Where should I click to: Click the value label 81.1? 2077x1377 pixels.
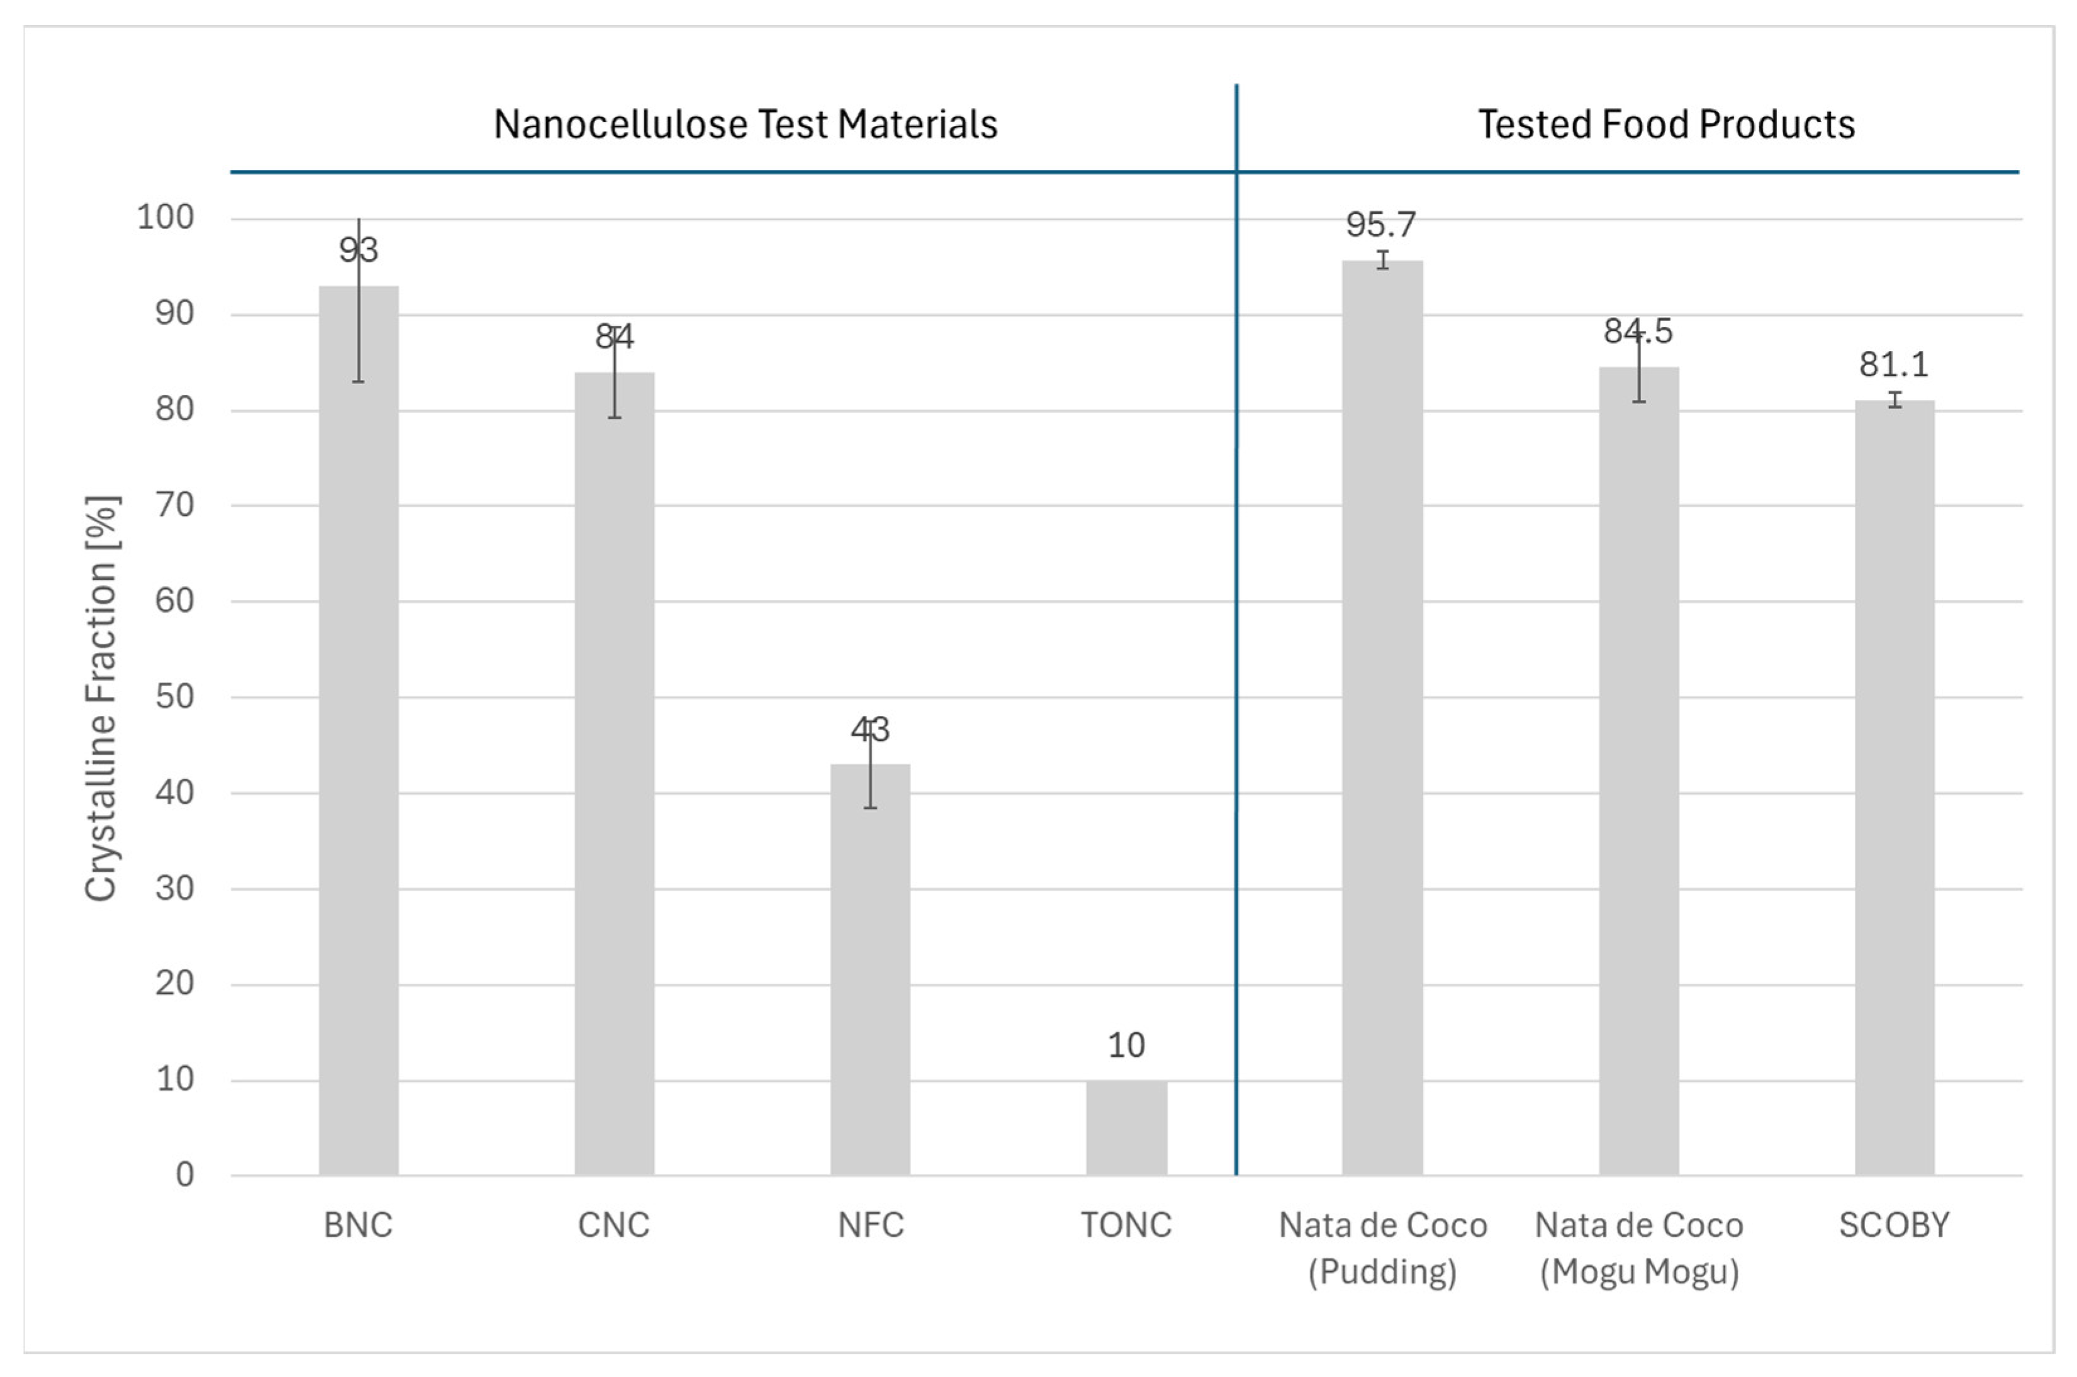coord(1893,364)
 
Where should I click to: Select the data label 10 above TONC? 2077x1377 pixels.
coord(1126,1045)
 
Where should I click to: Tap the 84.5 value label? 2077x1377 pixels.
coord(1638,332)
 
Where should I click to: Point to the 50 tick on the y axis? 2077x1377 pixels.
coord(175,696)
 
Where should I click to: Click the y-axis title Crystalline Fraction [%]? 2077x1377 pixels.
coord(101,698)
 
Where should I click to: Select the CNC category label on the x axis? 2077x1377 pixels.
coord(614,1225)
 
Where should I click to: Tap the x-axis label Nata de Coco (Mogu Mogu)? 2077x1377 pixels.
coord(1639,1248)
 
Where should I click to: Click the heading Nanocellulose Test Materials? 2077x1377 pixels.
coord(746,125)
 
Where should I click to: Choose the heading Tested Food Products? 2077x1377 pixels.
coord(1666,125)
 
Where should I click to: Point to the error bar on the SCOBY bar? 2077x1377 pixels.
coord(1895,399)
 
